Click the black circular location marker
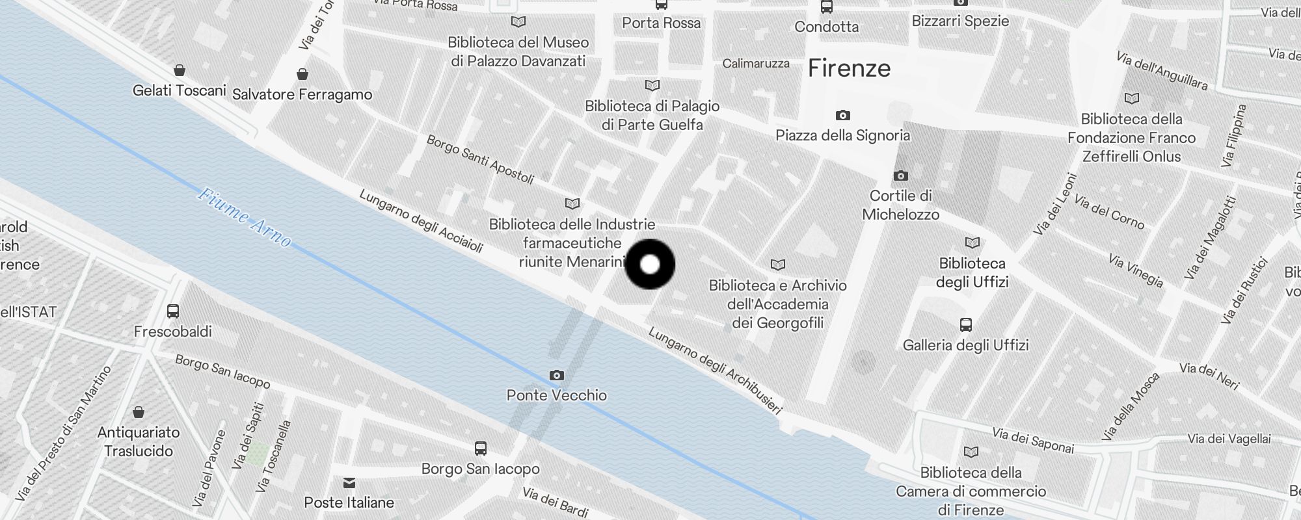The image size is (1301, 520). pos(650,265)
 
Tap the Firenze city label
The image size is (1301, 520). pos(849,68)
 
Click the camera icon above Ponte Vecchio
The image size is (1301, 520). pos(557,375)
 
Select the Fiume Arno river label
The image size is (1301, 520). pos(245,217)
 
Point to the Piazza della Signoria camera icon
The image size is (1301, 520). pos(842,115)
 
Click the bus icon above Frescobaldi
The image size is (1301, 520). pos(173,311)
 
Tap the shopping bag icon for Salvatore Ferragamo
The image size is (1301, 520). pos(302,74)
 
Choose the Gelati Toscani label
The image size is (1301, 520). pos(179,90)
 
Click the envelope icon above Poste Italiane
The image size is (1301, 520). pos(349,482)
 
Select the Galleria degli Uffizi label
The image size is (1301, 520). pos(965,345)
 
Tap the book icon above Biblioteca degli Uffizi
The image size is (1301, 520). pos(972,242)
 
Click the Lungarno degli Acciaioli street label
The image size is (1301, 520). pos(421,221)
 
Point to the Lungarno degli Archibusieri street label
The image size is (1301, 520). pos(714,370)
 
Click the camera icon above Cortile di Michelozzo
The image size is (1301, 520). pos(901,175)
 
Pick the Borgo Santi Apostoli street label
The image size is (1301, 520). pos(480,159)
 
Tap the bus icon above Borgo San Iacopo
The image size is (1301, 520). pos(480,448)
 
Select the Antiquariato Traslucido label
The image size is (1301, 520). pos(138,441)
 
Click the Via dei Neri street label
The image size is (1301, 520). pos(1209,376)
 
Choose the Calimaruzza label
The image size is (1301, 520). pos(756,64)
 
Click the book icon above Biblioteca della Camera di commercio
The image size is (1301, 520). pos(971,452)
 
